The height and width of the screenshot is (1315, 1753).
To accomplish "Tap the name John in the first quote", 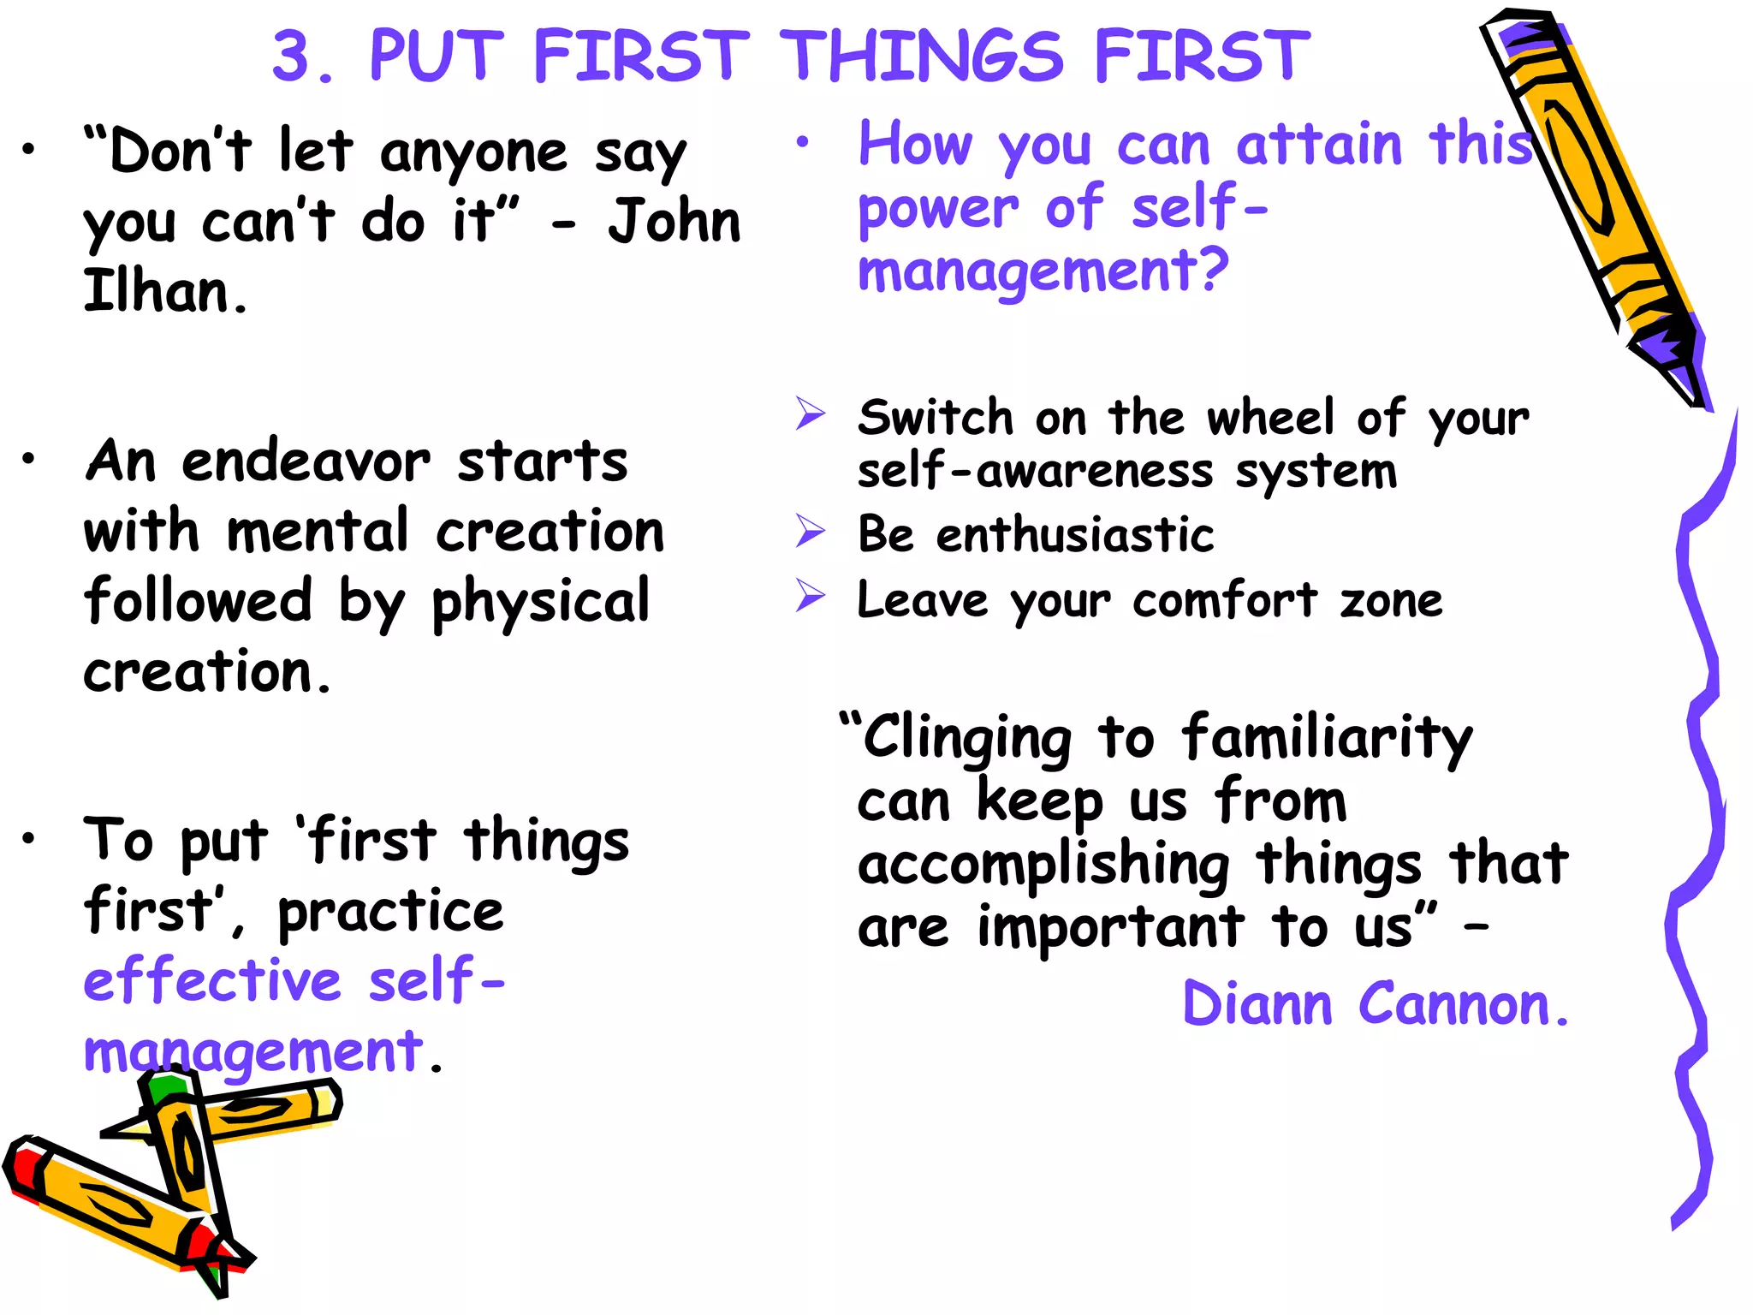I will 674,222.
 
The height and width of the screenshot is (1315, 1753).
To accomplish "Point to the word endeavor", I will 306,462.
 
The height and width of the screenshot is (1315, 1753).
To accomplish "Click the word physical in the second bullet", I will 541,603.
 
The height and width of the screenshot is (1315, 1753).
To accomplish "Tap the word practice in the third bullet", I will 391,913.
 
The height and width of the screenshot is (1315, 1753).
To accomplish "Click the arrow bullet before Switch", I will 810,414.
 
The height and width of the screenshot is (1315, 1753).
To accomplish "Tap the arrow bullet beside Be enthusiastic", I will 810,531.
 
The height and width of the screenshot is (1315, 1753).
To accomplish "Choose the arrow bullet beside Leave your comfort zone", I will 810,596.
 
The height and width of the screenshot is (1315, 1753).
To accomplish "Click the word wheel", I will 1271,419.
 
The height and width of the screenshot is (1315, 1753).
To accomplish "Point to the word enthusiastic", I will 1075,536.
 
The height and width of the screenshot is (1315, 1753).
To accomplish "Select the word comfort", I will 1225,601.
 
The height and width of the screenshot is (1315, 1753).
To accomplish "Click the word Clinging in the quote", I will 966,738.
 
